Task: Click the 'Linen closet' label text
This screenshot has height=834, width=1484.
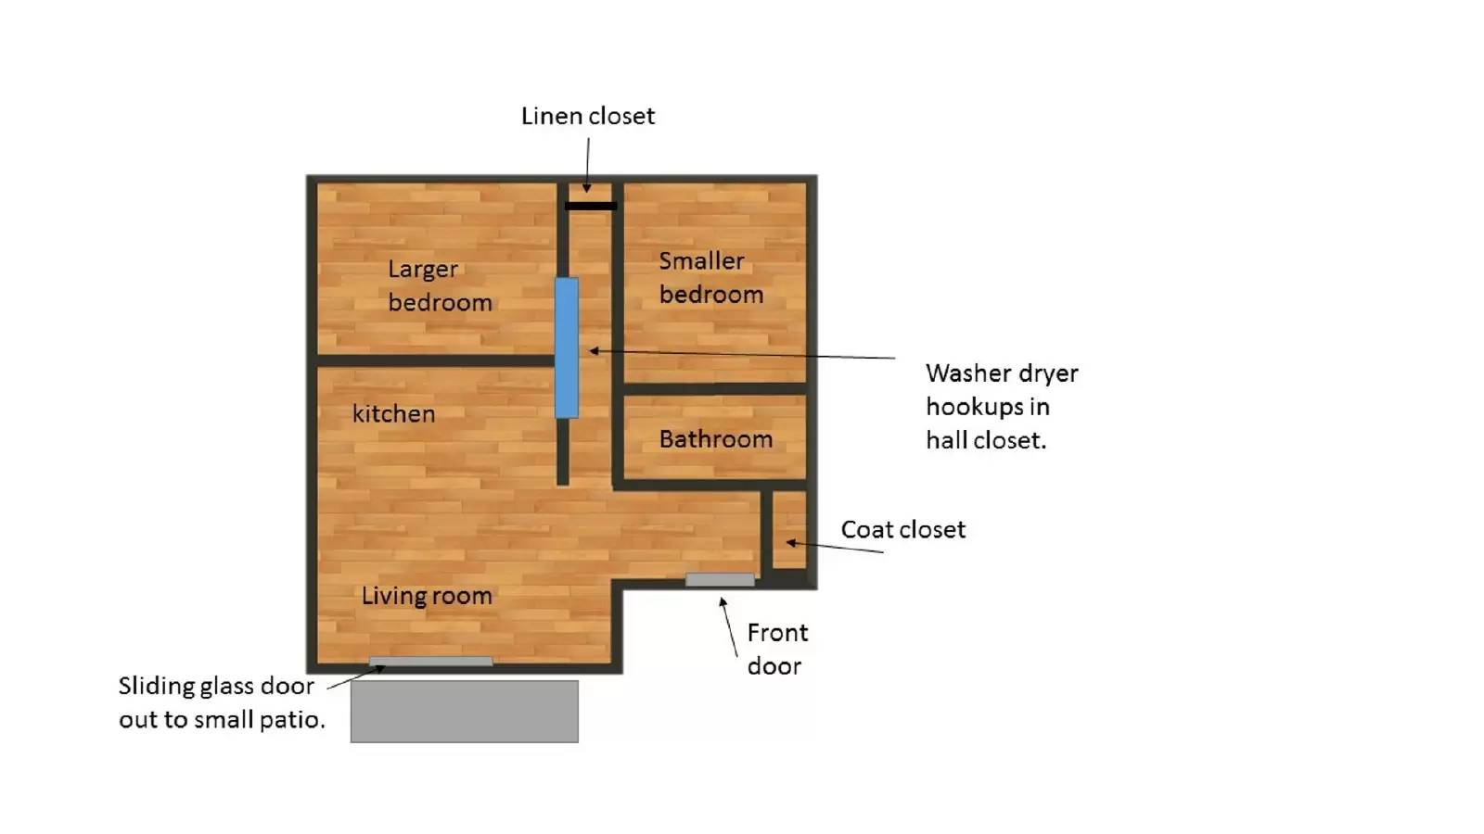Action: (588, 116)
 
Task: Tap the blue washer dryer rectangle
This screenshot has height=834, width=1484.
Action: (567, 348)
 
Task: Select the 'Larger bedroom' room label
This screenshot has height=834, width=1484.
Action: (440, 286)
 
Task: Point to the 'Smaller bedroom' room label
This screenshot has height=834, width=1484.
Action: (710, 278)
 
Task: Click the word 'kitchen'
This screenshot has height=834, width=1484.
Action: (393, 414)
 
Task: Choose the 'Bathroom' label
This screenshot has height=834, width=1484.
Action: (715, 439)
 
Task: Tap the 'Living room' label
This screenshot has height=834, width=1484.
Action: (427, 597)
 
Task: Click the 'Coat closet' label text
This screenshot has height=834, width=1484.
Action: (903, 529)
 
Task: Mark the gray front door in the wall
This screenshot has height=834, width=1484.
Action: (720, 580)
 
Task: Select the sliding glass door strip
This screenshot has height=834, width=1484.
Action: (430, 662)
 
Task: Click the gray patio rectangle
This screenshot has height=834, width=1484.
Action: (465, 712)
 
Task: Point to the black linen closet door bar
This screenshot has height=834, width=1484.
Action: (591, 206)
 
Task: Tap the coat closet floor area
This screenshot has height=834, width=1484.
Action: (789, 530)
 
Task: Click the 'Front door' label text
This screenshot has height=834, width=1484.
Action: (777, 650)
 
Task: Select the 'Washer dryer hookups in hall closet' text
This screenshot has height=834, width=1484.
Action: (1002, 407)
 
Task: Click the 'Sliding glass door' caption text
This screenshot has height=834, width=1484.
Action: (222, 703)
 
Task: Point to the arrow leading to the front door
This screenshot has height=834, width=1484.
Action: (729, 626)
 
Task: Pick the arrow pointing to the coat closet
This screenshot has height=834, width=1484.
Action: (835, 547)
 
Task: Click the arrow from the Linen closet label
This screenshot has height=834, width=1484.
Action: (588, 166)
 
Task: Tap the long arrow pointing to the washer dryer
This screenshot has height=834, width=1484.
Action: (742, 354)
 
